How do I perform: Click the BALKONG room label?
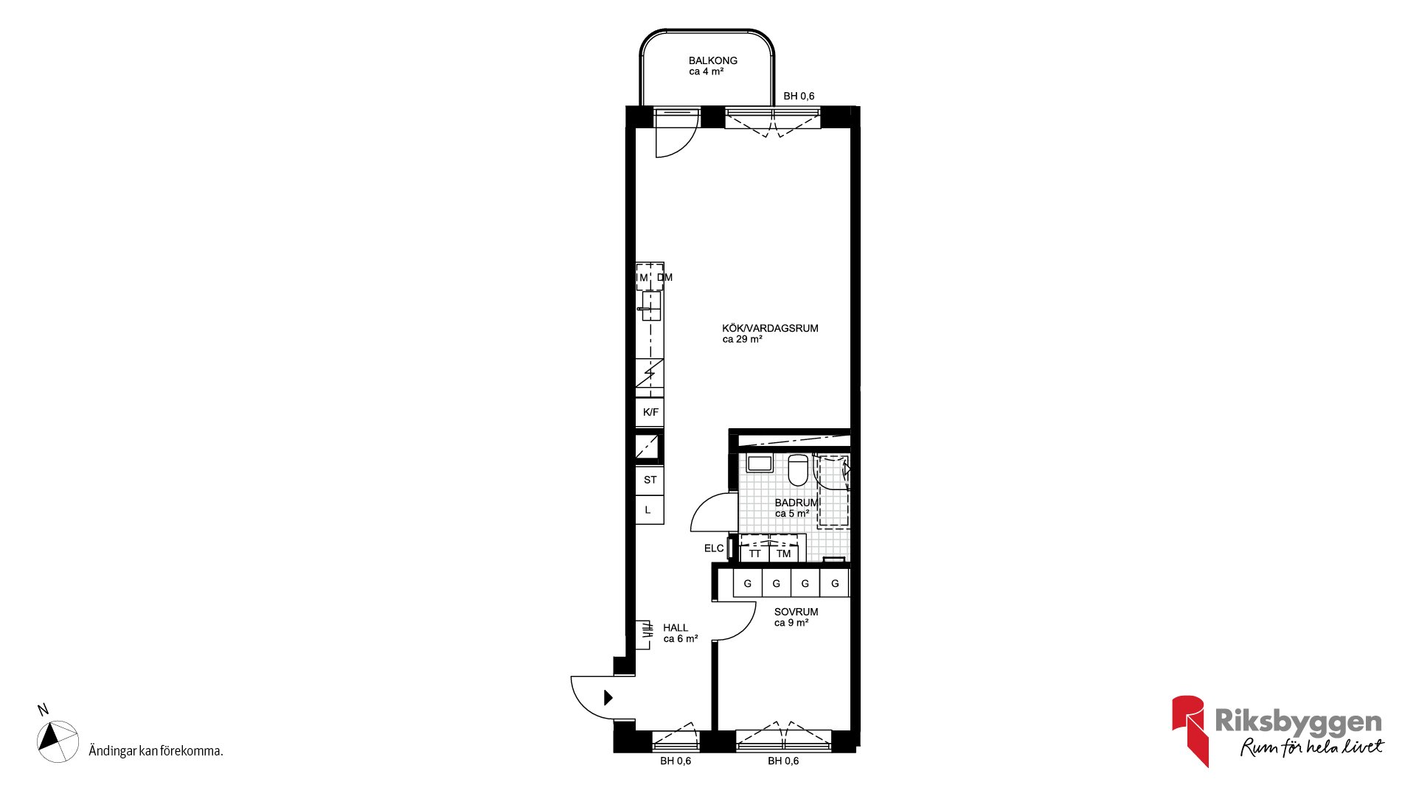coord(712,60)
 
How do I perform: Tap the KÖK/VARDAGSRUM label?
coord(770,328)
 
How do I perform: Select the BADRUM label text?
coord(796,503)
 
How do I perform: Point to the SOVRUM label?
coord(796,612)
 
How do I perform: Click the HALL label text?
coord(675,628)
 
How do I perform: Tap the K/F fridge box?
coord(650,412)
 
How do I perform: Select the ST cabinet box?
coord(650,480)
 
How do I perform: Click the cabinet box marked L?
coord(650,509)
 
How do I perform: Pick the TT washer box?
coord(754,554)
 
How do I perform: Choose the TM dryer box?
coord(783,554)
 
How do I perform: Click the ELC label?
coord(714,548)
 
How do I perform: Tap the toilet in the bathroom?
coord(798,470)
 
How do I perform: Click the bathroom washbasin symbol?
coord(760,464)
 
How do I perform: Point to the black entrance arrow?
coord(608,697)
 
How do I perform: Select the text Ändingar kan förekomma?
coord(156,751)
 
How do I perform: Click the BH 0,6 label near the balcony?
coord(799,96)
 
